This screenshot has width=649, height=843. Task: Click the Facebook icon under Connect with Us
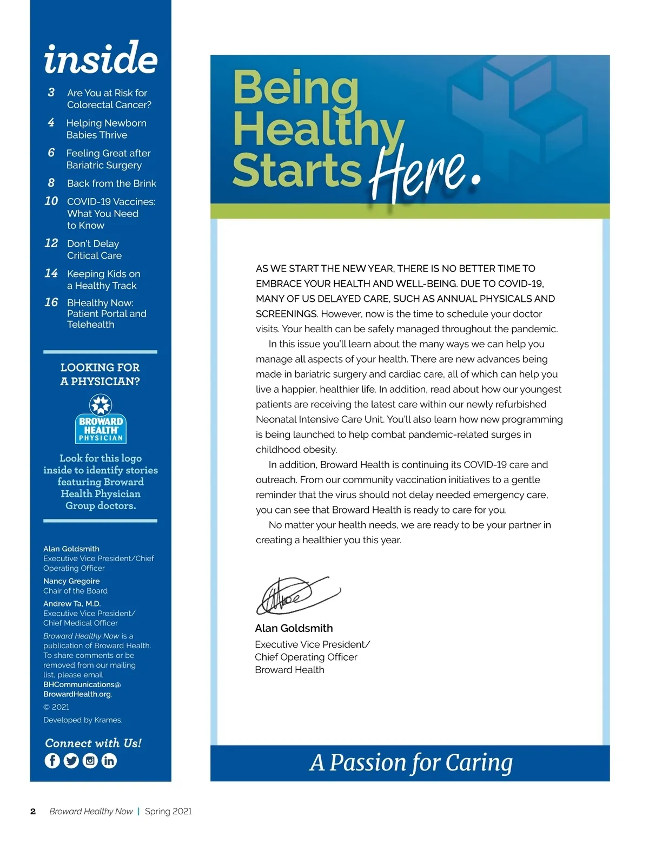52,760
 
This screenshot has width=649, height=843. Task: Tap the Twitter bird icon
71,760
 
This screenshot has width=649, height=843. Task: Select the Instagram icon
90,760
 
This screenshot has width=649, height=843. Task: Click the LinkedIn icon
109,760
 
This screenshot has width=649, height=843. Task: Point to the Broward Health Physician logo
101,419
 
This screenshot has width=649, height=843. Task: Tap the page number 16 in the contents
51,302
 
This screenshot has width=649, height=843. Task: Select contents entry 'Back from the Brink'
111,183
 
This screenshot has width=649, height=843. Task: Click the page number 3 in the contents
51,93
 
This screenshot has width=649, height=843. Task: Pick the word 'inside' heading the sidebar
101,58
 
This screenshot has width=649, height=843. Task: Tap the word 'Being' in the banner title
296,88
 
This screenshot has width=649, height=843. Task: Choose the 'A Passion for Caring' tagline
411,763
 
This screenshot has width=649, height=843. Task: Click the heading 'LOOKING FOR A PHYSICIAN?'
100,374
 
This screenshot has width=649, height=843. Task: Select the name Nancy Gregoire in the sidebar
71,581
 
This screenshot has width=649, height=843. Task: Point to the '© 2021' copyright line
56,707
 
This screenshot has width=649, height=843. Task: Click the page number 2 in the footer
33,811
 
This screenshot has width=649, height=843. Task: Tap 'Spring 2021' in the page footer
168,811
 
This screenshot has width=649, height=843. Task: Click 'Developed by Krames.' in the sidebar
83,720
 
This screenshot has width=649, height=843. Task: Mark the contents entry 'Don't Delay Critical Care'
94,249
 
